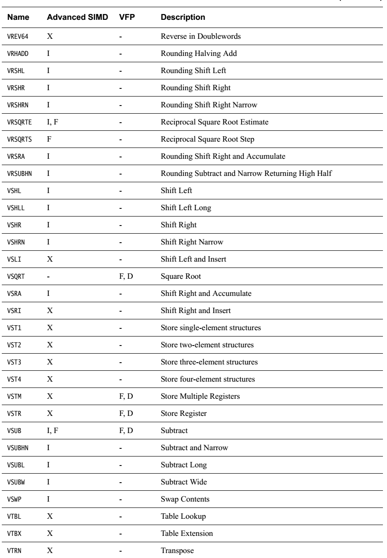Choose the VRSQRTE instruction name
pos(19,121)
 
